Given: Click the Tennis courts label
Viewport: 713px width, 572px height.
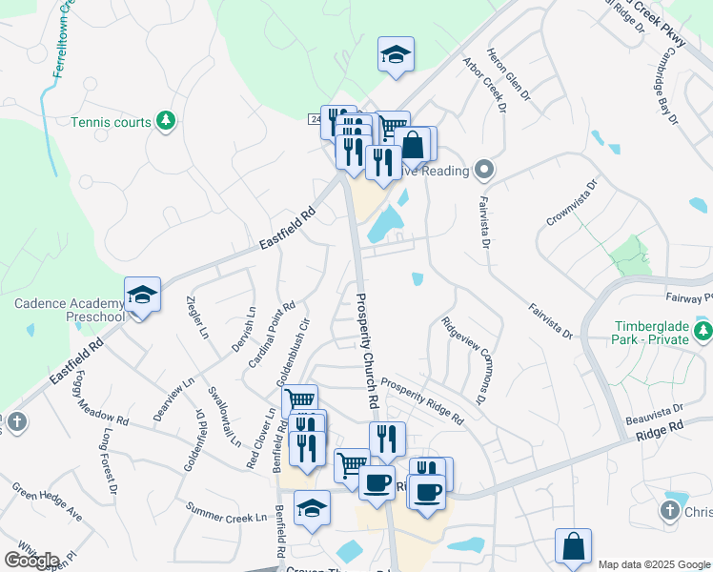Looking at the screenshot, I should coord(112,122).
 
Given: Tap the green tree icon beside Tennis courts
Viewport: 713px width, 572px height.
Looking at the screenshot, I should coord(167,120).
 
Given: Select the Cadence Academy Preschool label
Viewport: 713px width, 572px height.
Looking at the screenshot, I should coord(69,310).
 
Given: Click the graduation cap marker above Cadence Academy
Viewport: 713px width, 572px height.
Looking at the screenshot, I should coord(142,296).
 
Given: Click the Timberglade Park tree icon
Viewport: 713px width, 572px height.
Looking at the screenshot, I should coord(703,331).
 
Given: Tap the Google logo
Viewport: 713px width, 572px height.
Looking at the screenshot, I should coord(31,560).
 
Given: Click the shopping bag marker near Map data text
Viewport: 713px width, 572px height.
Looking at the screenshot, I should coord(573,547).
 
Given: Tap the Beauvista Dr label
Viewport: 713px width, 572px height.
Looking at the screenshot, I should coord(656,414).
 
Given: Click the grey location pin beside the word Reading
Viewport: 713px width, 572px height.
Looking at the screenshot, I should coord(484,172).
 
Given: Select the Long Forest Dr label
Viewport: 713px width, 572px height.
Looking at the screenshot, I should coord(108,464).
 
